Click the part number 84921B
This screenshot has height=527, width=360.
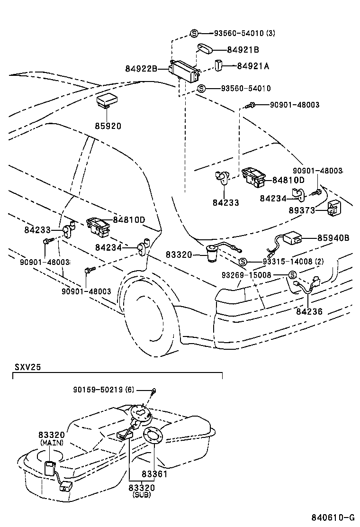(x=243, y=49)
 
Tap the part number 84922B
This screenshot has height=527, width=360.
(x=141, y=69)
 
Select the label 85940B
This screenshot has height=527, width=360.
(x=333, y=238)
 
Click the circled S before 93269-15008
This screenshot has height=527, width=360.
(x=292, y=275)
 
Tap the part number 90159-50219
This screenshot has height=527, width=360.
(x=99, y=390)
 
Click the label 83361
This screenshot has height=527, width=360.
(x=154, y=473)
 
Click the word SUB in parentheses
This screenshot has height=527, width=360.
(x=142, y=494)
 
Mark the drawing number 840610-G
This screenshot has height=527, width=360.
(x=333, y=517)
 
